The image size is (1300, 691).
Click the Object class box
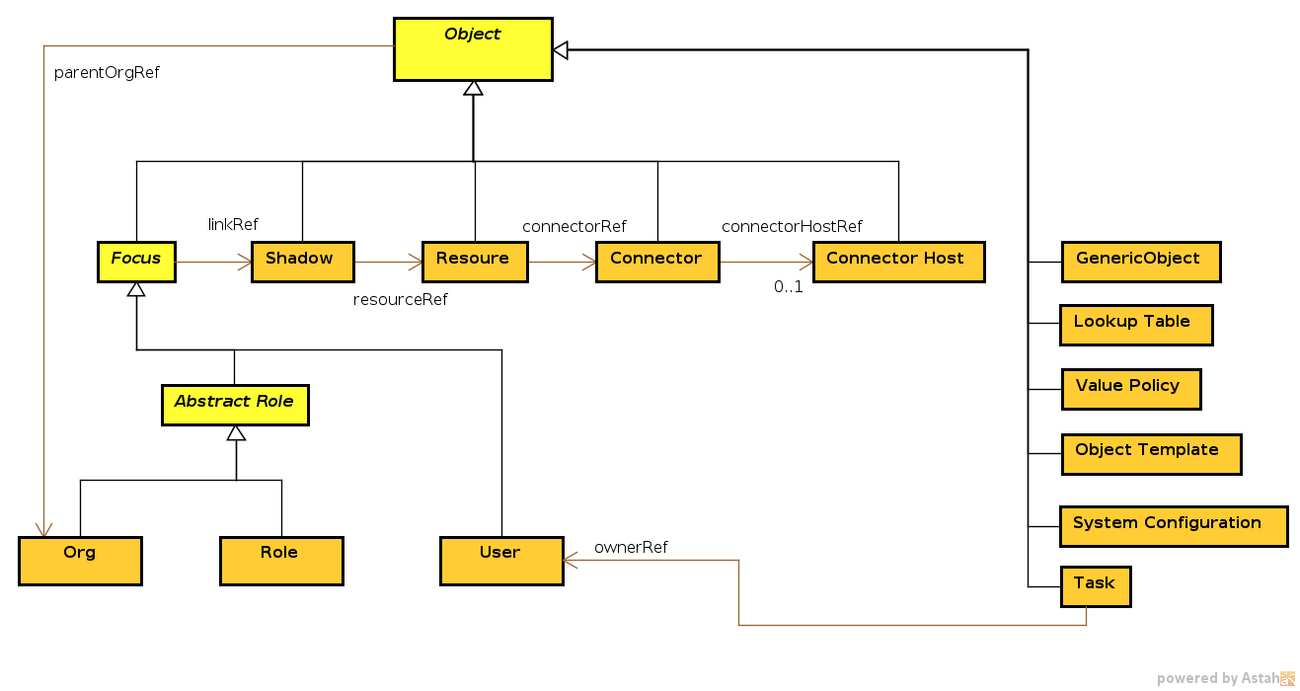(x=473, y=48)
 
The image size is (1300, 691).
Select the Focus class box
(x=136, y=261)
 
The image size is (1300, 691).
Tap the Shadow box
(x=302, y=261)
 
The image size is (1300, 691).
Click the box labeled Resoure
(x=475, y=261)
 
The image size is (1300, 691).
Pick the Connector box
(x=656, y=261)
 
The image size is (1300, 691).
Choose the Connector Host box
(x=898, y=261)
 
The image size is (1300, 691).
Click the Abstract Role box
(x=235, y=405)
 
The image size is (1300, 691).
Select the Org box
(x=80, y=560)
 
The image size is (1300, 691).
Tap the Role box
(x=281, y=560)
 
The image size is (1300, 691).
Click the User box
(x=501, y=560)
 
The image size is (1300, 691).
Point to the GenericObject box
(x=1140, y=262)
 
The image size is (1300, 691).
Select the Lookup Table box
(x=1135, y=325)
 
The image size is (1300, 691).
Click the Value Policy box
(x=1130, y=389)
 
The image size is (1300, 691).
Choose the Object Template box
(x=1150, y=453)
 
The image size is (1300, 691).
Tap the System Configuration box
(x=1173, y=526)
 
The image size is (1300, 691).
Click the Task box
(x=1095, y=585)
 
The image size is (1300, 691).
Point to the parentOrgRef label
(x=107, y=73)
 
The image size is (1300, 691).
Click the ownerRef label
(x=631, y=547)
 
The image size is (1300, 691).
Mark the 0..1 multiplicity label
(x=788, y=288)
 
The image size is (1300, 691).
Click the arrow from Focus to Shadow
(x=213, y=262)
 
